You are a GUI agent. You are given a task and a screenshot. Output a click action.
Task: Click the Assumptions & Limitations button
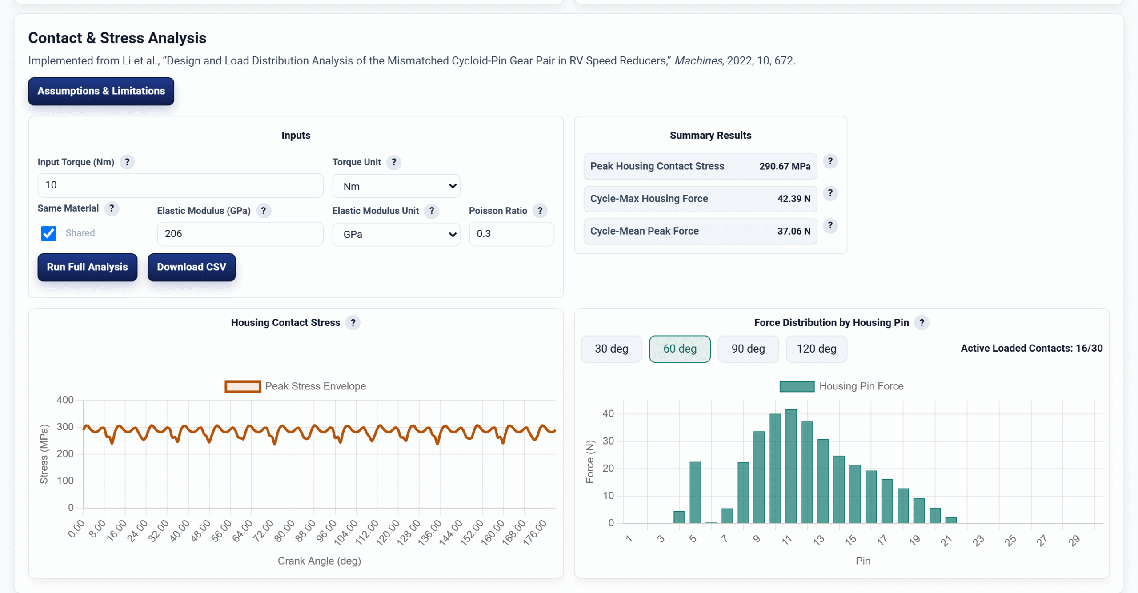click(101, 91)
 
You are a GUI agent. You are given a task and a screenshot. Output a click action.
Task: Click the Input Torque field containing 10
click(180, 185)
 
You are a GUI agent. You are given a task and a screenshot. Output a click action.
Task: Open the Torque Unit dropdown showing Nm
click(396, 186)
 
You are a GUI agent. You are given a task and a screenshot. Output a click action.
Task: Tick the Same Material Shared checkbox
click(48, 233)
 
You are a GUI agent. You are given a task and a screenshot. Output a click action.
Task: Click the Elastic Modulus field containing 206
click(240, 234)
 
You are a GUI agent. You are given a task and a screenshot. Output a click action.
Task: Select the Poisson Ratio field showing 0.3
click(511, 234)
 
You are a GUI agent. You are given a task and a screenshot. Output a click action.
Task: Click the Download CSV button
click(192, 267)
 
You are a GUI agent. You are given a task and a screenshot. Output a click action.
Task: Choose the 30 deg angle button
click(611, 349)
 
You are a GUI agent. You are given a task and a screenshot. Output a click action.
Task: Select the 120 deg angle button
click(816, 349)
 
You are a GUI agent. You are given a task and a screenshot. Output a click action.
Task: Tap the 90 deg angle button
click(748, 349)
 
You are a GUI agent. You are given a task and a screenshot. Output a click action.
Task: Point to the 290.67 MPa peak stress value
click(785, 166)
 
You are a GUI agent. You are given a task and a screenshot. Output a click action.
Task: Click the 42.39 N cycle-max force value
click(794, 199)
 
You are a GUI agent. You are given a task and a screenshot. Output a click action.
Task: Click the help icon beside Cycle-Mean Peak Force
click(830, 226)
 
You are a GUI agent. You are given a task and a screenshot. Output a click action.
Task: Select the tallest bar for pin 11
click(791, 466)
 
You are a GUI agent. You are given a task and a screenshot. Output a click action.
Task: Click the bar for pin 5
click(695, 493)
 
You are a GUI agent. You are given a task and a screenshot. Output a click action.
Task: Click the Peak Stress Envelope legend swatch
click(243, 386)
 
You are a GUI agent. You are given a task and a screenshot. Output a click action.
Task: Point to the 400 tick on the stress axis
click(65, 400)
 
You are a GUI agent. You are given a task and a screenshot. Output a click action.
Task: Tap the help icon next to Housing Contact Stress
click(353, 323)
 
